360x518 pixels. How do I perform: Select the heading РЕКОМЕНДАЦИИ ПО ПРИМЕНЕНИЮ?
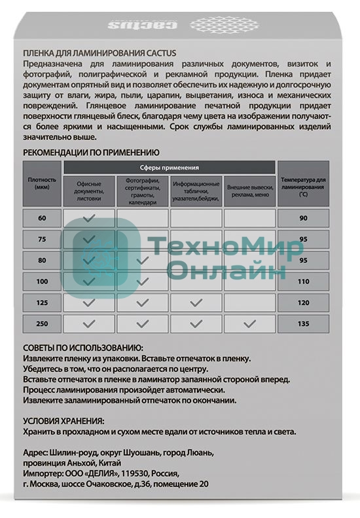[x=91, y=152]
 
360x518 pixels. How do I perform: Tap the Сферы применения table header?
[x=170, y=168]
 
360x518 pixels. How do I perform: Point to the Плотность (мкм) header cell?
[x=43, y=183]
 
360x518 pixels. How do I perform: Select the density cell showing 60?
[x=43, y=217]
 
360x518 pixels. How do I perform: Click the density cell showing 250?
[x=43, y=323]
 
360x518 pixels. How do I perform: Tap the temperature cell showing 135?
[x=303, y=323]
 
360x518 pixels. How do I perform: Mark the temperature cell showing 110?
[x=303, y=281]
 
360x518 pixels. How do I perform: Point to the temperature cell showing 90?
[x=303, y=217]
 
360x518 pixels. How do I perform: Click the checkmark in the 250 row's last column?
[x=249, y=323]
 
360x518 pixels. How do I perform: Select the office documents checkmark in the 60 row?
[x=89, y=217]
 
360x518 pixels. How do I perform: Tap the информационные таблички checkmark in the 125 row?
[x=196, y=303]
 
